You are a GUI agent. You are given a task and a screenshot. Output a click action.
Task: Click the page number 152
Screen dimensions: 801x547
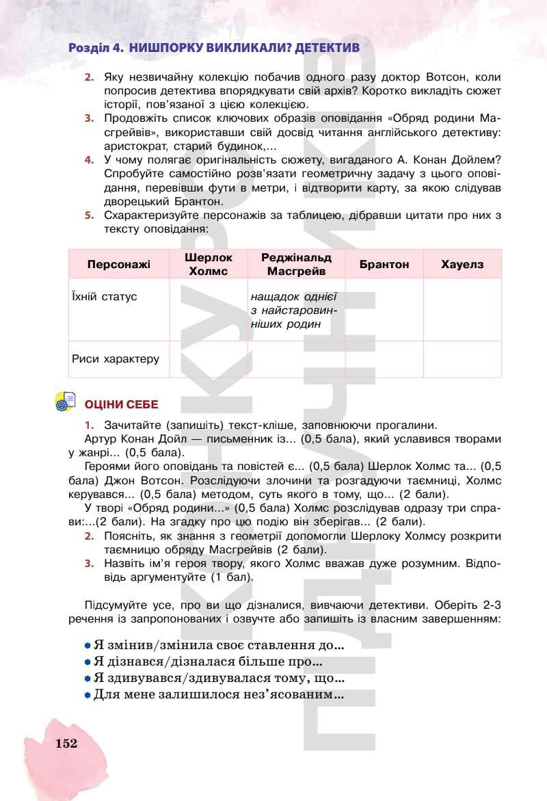click(66, 744)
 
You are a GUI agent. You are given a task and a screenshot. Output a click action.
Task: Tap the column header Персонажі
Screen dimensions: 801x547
click(119, 264)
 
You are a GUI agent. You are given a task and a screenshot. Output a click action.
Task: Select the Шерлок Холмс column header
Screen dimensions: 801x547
click(209, 264)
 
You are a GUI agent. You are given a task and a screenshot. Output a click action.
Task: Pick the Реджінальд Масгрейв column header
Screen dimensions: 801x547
click(296, 264)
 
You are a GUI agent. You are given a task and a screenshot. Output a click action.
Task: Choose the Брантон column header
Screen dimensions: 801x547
click(384, 264)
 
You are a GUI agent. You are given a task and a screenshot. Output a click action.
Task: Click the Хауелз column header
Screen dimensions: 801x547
click(462, 264)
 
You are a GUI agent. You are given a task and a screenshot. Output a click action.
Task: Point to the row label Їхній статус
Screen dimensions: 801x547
click(104, 297)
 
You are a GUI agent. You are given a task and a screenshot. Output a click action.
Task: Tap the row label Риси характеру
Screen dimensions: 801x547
click(115, 358)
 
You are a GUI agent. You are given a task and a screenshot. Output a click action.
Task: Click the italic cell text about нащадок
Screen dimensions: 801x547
click(295, 311)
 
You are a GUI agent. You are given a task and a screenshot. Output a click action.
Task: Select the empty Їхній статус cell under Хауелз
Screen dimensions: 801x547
click(462, 309)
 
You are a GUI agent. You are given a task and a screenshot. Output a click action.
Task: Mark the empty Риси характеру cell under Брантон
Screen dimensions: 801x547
click(384, 359)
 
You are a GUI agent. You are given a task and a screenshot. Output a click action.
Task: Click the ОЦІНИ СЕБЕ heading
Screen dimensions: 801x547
click(121, 405)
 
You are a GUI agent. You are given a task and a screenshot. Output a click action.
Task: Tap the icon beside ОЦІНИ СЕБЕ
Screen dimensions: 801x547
click(66, 403)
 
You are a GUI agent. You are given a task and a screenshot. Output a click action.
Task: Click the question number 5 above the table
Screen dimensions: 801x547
click(88, 215)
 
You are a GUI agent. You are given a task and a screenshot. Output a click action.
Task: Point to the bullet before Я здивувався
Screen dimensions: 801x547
click(88, 679)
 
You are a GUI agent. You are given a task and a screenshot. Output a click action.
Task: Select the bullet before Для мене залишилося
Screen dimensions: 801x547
click(88, 695)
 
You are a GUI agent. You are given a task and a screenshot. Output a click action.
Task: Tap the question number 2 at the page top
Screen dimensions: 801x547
click(88, 77)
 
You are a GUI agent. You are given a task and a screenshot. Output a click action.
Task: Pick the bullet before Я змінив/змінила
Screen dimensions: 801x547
click(88, 645)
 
